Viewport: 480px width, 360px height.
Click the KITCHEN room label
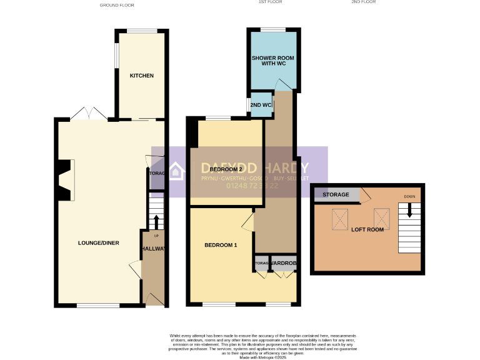(x=141, y=76)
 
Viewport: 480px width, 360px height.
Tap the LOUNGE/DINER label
(x=99, y=243)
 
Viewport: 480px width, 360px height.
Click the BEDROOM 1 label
(x=221, y=245)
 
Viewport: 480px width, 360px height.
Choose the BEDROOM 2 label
(x=226, y=169)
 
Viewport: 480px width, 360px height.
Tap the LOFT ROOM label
(x=367, y=229)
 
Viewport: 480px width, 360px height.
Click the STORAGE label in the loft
(x=336, y=194)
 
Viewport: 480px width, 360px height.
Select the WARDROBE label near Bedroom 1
(x=283, y=264)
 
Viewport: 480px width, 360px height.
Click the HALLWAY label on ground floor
(x=153, y=249)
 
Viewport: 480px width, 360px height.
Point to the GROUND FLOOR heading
(x=117, y=5)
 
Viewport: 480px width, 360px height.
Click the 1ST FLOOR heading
(x=271, y=2)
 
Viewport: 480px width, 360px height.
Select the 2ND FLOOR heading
(x=364, y=2)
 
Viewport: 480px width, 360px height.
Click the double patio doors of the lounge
(x=89, y=114)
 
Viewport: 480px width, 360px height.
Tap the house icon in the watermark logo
(x=177, y=171)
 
